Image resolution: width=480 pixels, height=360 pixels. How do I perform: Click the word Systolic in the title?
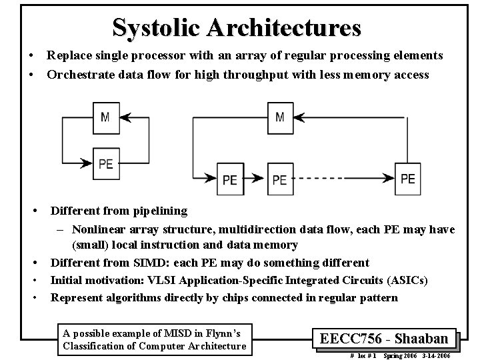pyautogui.click(x=157, y=27)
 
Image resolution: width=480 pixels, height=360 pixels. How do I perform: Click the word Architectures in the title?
pyautogui.click(x=284, y=27)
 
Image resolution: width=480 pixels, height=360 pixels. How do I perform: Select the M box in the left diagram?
pyautogui.click(x=105, y=117)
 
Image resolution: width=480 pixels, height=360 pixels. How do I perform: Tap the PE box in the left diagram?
pyautogui.click(x=105, y=163)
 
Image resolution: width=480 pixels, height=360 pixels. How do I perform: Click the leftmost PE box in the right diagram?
pyautogui.click(x=230, y=179)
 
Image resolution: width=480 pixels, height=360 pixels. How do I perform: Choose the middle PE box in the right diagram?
pyautogui.click(x=280, y=179)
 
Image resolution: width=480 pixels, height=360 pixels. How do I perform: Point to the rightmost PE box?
pyautogui.click(x=408, y=178)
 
